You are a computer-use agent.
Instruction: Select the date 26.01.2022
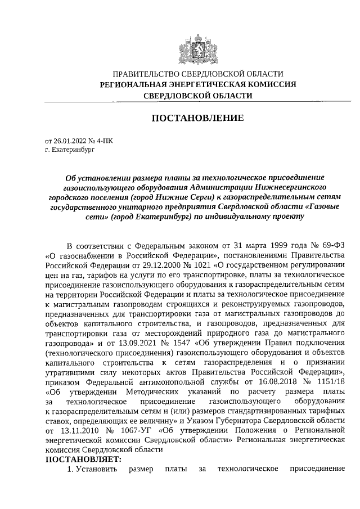pos(67,141)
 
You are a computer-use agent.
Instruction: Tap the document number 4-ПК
pos(105,141)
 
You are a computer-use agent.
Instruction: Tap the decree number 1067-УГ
pos(117,429)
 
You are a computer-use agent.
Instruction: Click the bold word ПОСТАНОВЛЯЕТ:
pos(83,459)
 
